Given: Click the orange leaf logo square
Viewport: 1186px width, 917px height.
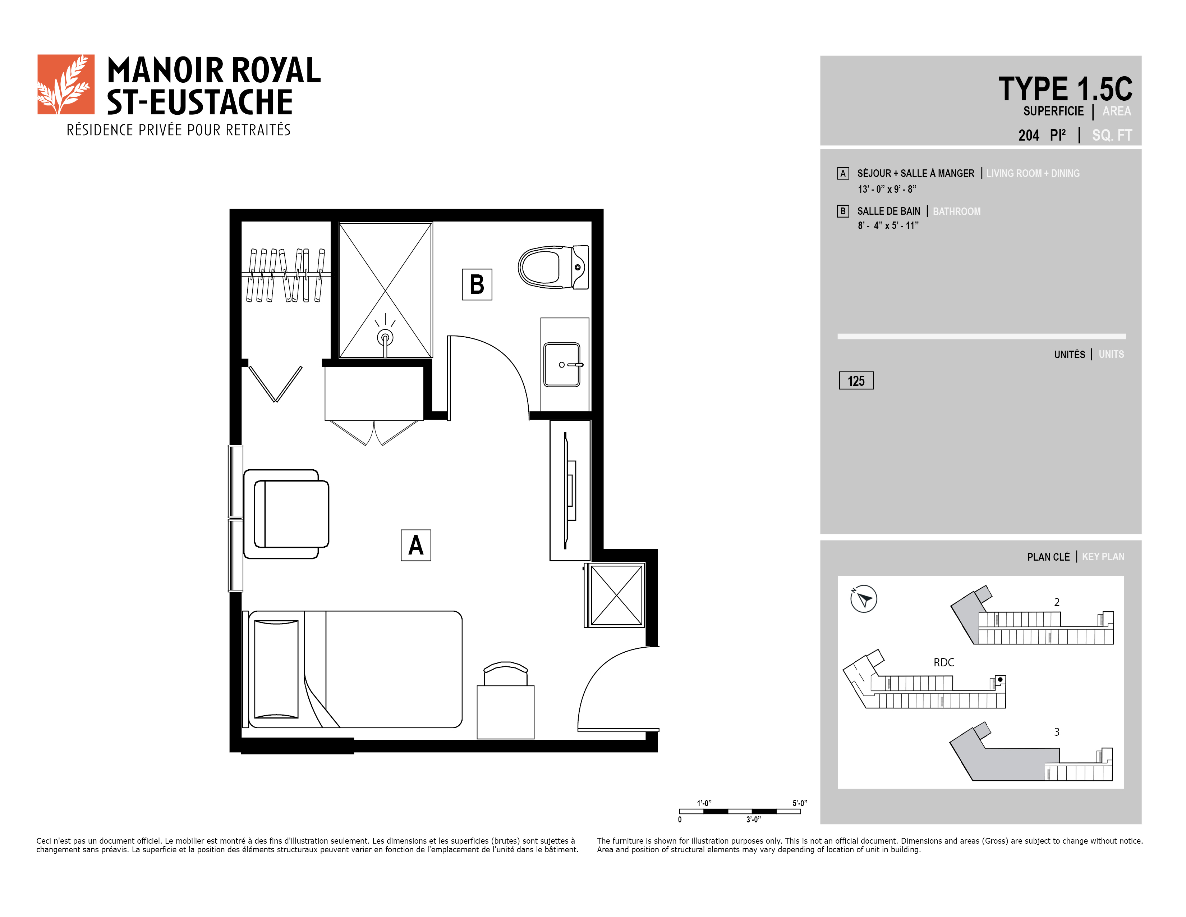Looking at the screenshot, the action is (x=66, y=84).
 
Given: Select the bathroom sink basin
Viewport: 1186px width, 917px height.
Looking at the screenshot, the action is (x=562, y=365).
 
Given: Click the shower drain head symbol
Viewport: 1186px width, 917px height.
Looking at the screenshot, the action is (x=385, y=337).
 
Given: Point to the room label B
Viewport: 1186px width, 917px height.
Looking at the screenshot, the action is (x=477, y=284).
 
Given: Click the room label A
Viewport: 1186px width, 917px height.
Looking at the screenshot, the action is (x=416, y=545).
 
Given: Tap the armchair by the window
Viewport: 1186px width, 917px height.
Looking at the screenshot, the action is (x=286, y=514).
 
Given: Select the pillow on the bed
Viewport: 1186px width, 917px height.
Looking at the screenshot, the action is (x=276, y=669).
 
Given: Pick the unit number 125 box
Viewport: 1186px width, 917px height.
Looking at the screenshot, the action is (x=856, y=381).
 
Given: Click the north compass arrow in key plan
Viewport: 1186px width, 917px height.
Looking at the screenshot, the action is (x=863, y=599).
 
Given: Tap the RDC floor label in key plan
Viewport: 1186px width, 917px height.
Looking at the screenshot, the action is (x=944, y=662).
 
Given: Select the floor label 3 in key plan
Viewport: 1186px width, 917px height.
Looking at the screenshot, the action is (x=1057, y=732).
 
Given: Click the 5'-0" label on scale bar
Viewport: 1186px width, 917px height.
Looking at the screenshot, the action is (x=799, y=803).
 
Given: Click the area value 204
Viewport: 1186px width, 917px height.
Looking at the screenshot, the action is (x=1029, y=135).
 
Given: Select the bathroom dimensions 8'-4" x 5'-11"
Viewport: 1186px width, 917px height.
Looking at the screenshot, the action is (x=888, y=225).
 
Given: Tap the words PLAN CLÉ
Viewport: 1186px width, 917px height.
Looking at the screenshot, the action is (x=1049, y=557).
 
